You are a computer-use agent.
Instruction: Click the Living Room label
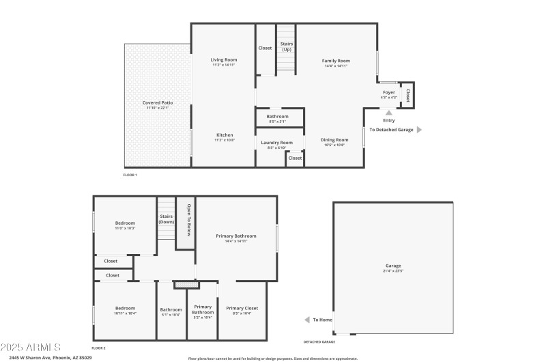(x=223, y=61)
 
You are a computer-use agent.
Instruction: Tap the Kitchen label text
(x=225, y=135)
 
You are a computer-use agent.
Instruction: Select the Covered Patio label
(x=157, y=102)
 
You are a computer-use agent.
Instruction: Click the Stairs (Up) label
(x=286, y=46)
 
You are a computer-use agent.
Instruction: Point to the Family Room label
(x=336, y=61)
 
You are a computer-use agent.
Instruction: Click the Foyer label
(x=388, y=92)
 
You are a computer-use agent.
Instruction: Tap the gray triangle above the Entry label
(x=389, y=113)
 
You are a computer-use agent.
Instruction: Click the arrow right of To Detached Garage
(x=419, y=129)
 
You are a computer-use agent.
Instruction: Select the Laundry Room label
(x=276, y=143)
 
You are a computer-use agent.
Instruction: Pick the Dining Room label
(x=334, y=140)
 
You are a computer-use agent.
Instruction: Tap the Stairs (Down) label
(x=167, y=219)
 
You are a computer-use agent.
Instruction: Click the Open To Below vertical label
(x=187, y=223)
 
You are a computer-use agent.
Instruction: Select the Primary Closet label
(x=242, y=308)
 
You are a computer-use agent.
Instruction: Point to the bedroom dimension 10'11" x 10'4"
(x=125, y=313)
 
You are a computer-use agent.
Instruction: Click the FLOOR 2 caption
(x=99, y=348)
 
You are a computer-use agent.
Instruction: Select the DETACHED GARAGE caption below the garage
(x=319, y=341)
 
